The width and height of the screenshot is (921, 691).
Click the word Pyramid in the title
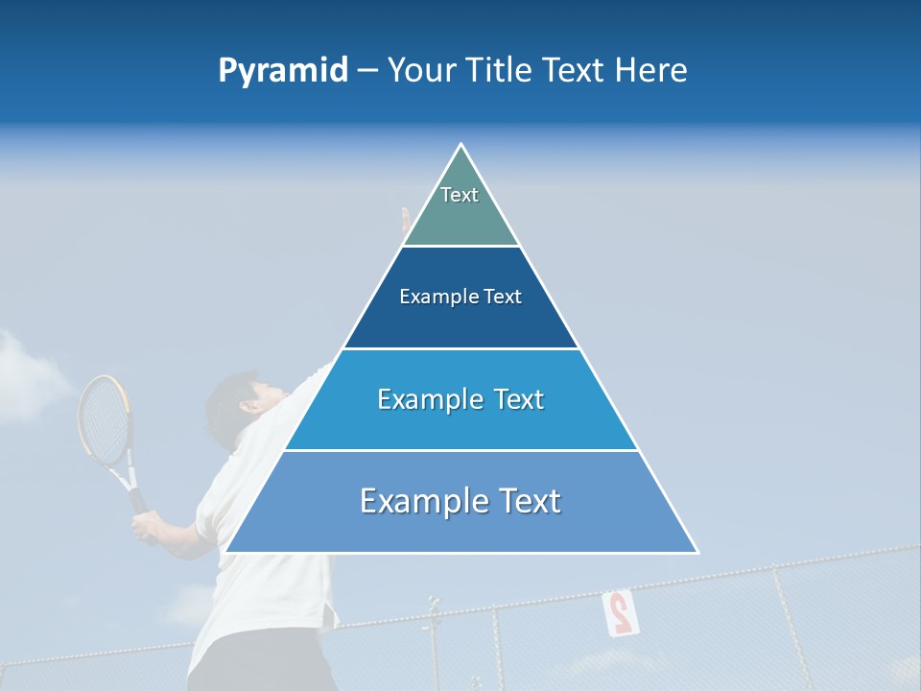[282, 70]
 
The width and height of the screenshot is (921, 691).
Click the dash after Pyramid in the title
[367, 71]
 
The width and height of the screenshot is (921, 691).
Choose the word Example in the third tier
[428, 399]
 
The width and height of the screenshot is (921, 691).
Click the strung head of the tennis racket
[103, 418]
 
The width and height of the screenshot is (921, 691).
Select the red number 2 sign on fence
[621, 611]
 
